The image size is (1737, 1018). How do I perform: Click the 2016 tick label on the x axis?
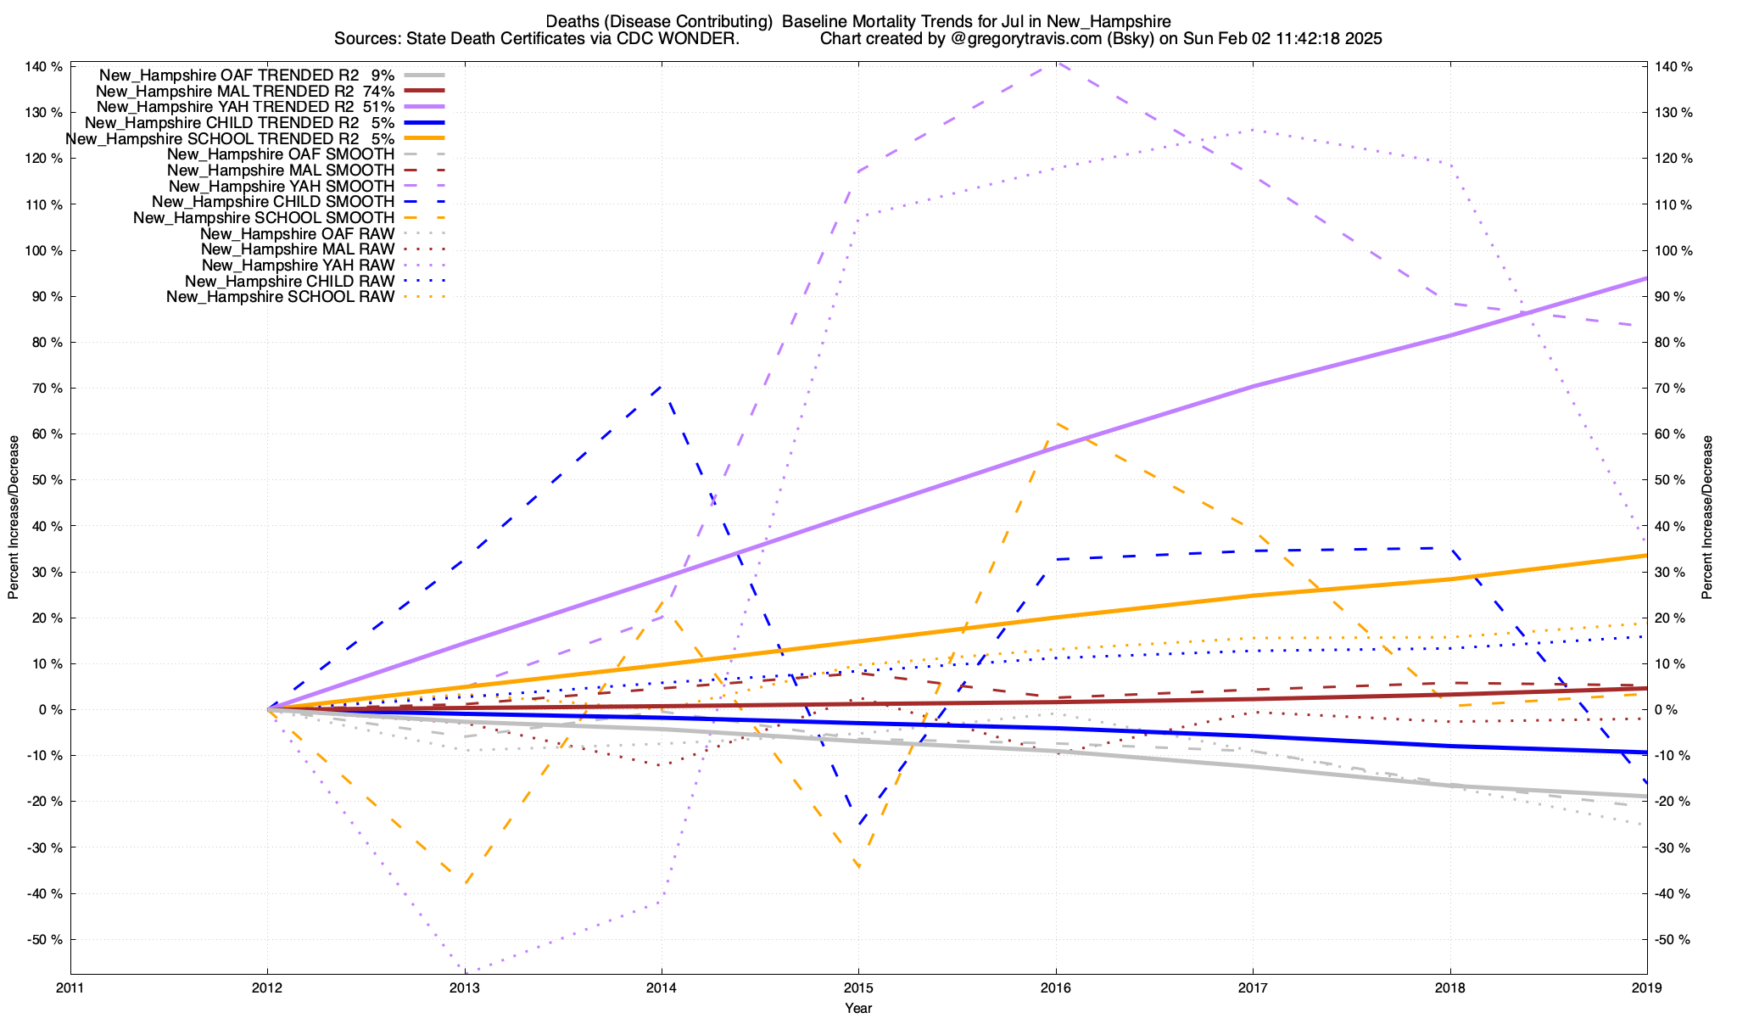pyautogui.click(x=1055, y=987)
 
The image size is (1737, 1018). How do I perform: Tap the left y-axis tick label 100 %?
pyautogui.click(x=44, y=250)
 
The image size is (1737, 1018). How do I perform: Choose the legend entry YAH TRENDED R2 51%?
pyautogui.click(x=245, y=107)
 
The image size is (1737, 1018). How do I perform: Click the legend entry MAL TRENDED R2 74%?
pyautogui.click(x=245, y=91)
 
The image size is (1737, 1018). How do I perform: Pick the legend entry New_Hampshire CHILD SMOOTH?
pyautogui.click(x=273, y=202)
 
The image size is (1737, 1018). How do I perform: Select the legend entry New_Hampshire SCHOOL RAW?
pyautogui.click(x=280, y=297)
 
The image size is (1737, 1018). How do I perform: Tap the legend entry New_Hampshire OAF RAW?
pyautogui.click(x=297, y=233)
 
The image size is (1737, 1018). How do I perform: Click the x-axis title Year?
pyautogui.click(x=858, y=1008)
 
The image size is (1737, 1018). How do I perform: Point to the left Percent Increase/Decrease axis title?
pyautogui.click(x=14, y=517)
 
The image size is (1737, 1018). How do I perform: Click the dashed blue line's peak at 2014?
pyautogui.click(x=662, y=386)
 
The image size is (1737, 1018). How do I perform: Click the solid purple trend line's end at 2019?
pyautogui.click(x=1646, y=278)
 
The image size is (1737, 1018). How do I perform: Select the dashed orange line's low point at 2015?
pyautogui.click(x=859, y=867)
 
